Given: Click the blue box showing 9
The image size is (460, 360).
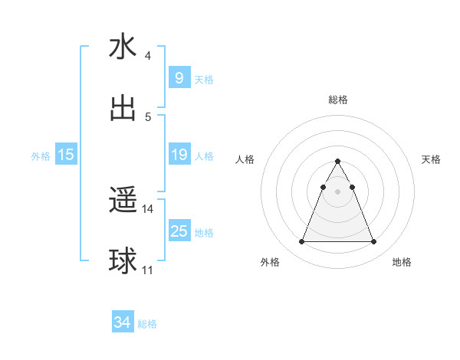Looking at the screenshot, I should point(179,77).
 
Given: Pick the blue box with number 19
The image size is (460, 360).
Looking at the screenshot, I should point(179,155).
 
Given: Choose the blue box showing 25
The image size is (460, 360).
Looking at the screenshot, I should point(179,231).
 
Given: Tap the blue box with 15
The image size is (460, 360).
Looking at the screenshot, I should point(66,155).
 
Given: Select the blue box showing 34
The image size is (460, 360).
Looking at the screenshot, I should point(122,322).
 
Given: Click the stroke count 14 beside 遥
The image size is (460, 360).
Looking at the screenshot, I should point(148,209).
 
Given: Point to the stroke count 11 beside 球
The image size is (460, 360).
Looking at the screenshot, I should point(148,270).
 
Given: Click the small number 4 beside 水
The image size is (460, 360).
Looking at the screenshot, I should point(148,56).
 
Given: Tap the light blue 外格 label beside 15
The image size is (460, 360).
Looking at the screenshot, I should point(41,155).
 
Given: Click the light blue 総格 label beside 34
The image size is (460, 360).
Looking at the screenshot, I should point(147,324).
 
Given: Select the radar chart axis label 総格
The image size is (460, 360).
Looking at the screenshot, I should point(338,100).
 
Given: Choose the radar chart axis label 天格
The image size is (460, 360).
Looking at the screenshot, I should point(432,159).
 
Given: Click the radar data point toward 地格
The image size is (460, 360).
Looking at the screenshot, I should point(374,242).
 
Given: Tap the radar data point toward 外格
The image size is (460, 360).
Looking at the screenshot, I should point(301,242).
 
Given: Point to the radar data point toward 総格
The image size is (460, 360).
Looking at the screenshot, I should point(337,162).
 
